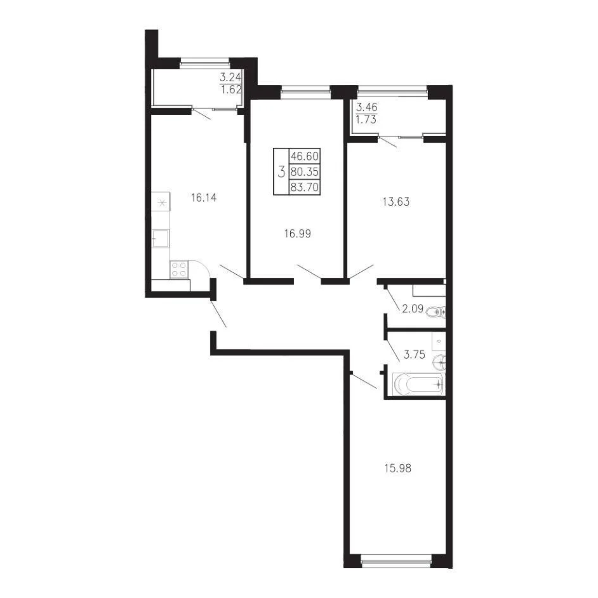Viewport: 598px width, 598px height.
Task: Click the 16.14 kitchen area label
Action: point(204,197)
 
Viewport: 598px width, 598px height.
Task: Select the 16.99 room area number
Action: point(298,234)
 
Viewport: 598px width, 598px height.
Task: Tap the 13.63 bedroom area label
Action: point(396,201)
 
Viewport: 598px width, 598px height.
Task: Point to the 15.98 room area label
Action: point(398,468)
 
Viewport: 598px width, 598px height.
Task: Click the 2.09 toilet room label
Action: point(413,309)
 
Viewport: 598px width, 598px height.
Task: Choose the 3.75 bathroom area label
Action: point(414,355)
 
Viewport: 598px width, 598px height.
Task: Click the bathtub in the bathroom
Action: point(419,383)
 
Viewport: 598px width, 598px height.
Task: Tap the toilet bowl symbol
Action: point(435,313)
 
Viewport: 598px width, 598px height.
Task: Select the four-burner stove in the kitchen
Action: point(179,269)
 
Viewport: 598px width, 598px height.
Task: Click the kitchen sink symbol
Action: point(161,239)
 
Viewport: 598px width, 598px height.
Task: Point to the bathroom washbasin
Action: point(439,362)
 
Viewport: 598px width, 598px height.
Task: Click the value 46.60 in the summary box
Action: point(304,156)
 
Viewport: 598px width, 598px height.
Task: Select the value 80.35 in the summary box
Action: point(304,171)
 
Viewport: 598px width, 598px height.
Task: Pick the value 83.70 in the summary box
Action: point(304,187)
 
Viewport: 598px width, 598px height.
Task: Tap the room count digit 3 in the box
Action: point(281,172)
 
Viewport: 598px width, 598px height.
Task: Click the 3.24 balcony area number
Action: point(230,78)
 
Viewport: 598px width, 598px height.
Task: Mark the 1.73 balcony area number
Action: point(366,120)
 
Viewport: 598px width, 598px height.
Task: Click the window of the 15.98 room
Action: point(396,561)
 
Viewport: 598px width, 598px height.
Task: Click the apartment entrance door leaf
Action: point(218,313)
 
